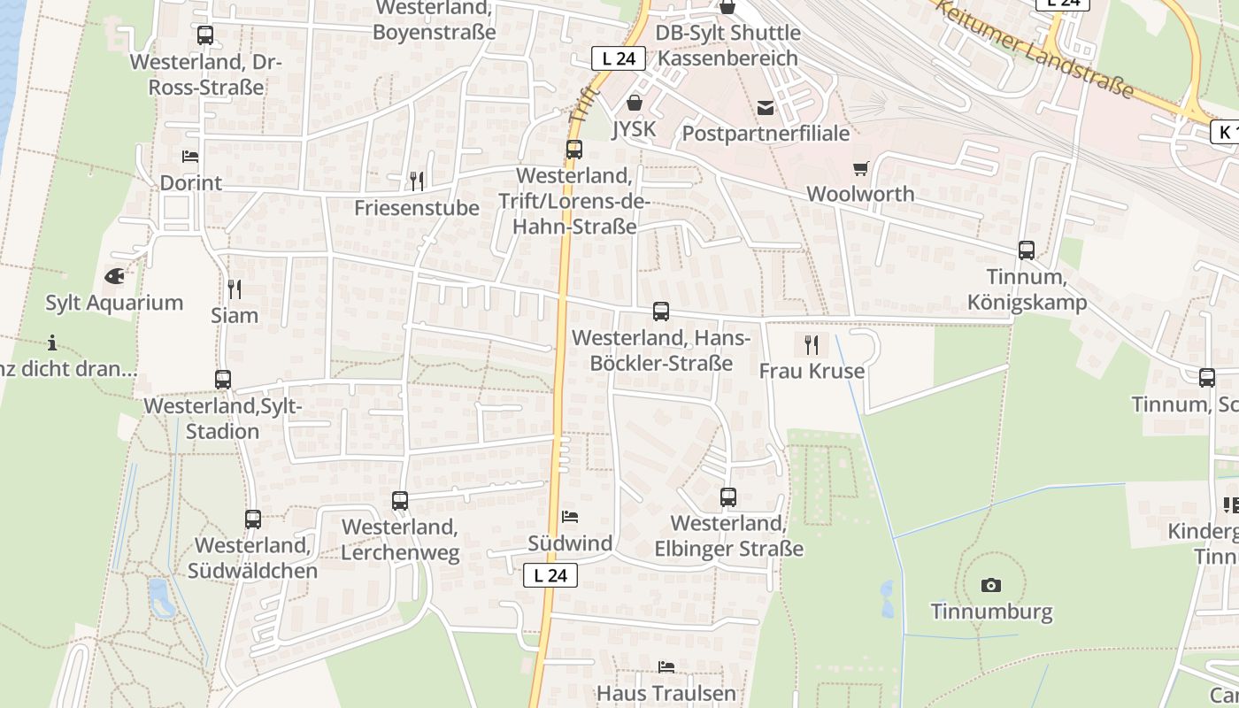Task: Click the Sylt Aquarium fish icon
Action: pyautogui.click(x=114, y=276)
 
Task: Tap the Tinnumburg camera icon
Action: pyautogui.click(x=991, y=585)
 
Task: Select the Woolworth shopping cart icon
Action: pyautogui.click(x=860, y=168)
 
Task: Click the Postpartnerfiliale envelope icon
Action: pyautogui.click(x=765, y=108)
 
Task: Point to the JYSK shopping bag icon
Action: pyautogui.click(x=634, y=103)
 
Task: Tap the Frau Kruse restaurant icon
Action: pyautogui.click(x=811, y=344)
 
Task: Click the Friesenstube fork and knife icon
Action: pyautogui.click(x=416, y=181)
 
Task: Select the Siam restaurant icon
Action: pyautogui.click(x=235, y=289)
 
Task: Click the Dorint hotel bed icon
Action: pyautogui.click(x=190, y=157)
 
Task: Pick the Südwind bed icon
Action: pyautogui.click(x=570, y=516)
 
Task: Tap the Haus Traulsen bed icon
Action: pyautogui.click(x=666, y=666)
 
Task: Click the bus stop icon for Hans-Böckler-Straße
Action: pyautogui.click(x=661, y=312)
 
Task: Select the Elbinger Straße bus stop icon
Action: pyautogui.click(x=728, y=497)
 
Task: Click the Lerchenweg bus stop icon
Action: pyautogui.click(x=400, y=501)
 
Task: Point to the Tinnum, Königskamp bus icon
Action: pyautogui.click(x=1027, y=250)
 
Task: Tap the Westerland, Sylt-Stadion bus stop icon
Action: pyautogui.click(x=223, y=380)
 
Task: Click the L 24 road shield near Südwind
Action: pyautogui.click(x=550, y=575)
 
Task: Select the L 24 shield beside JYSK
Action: pyautogui.click(x=618, y=59)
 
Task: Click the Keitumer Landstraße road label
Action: pyautogui.click(x=1035, y=48)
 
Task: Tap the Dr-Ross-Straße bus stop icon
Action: pyautogui.click(x=205, y=35)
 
